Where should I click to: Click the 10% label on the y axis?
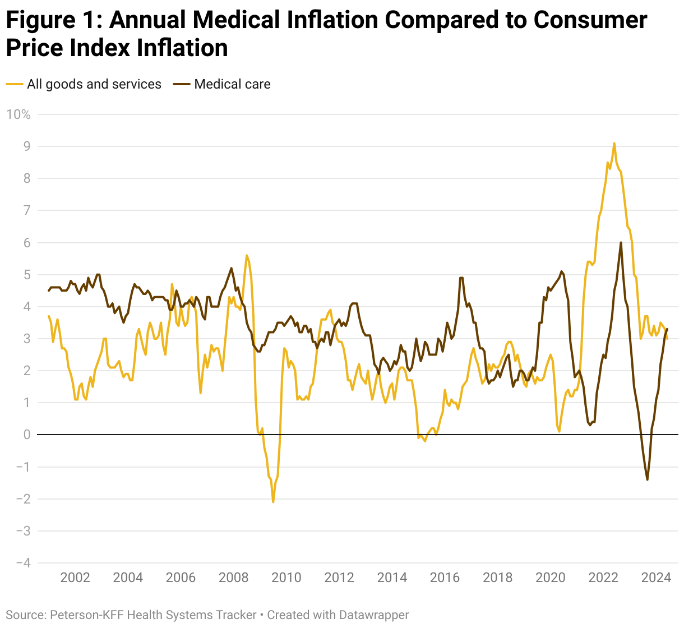coord(18,114)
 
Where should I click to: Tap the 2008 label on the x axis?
coord(233,578)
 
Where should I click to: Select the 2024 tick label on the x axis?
coord(656,578)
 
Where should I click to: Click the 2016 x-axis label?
coord(445,578)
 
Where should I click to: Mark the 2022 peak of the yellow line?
coord(614,143)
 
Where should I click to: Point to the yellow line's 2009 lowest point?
coord(273,502)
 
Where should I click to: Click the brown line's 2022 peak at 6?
coord(621,242)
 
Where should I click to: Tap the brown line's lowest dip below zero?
coord(647,479)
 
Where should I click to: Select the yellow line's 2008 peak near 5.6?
coord(247,255)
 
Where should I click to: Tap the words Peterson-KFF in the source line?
coord(86,615)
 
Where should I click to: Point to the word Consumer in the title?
coord(590,20)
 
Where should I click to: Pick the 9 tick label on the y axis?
coord(26,146)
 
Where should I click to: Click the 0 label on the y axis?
coord(26,435)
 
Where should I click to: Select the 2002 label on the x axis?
coord(75,578)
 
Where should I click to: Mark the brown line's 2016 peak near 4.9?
coord(461,277)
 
